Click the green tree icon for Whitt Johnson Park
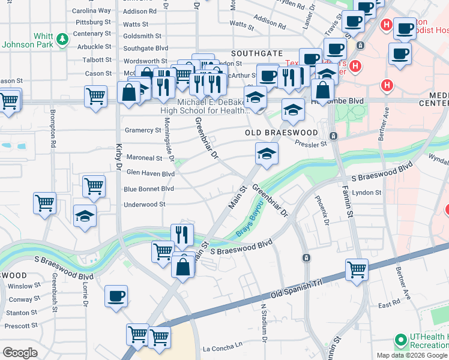coord(62,40)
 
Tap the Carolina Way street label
coord(91,11)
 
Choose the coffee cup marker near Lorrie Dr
coord(116,295)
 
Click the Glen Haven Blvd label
coord(150,173)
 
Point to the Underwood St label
coord(144,205)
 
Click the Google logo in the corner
coord(20,352)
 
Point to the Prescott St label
coord(22,326)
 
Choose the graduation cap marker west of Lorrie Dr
coord(85,215)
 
